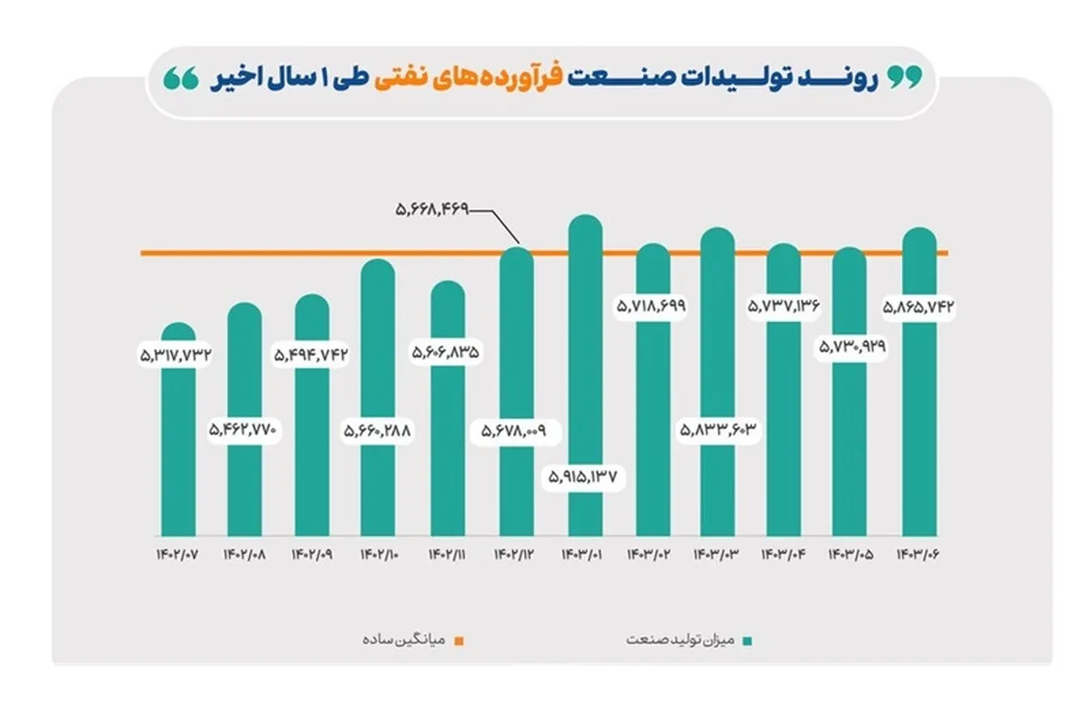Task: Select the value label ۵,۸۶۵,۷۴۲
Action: [x=919, y=306]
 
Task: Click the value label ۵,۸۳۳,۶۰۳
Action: [x=718, y=429]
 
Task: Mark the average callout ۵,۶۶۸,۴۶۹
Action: [x=431, y=210]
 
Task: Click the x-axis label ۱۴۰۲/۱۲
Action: [x=515, y=553]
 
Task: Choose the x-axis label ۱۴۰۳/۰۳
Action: [x=718, y=553]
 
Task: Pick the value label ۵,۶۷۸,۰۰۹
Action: [x=515, y=429]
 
